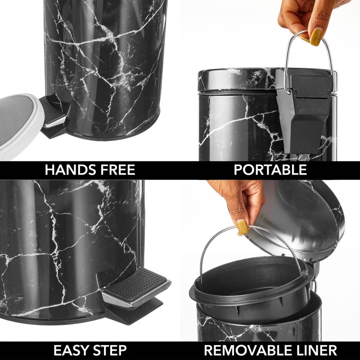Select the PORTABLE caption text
tap(270, 170)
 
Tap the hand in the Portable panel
tap(306, 18)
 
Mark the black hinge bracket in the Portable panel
tap(306, 108)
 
